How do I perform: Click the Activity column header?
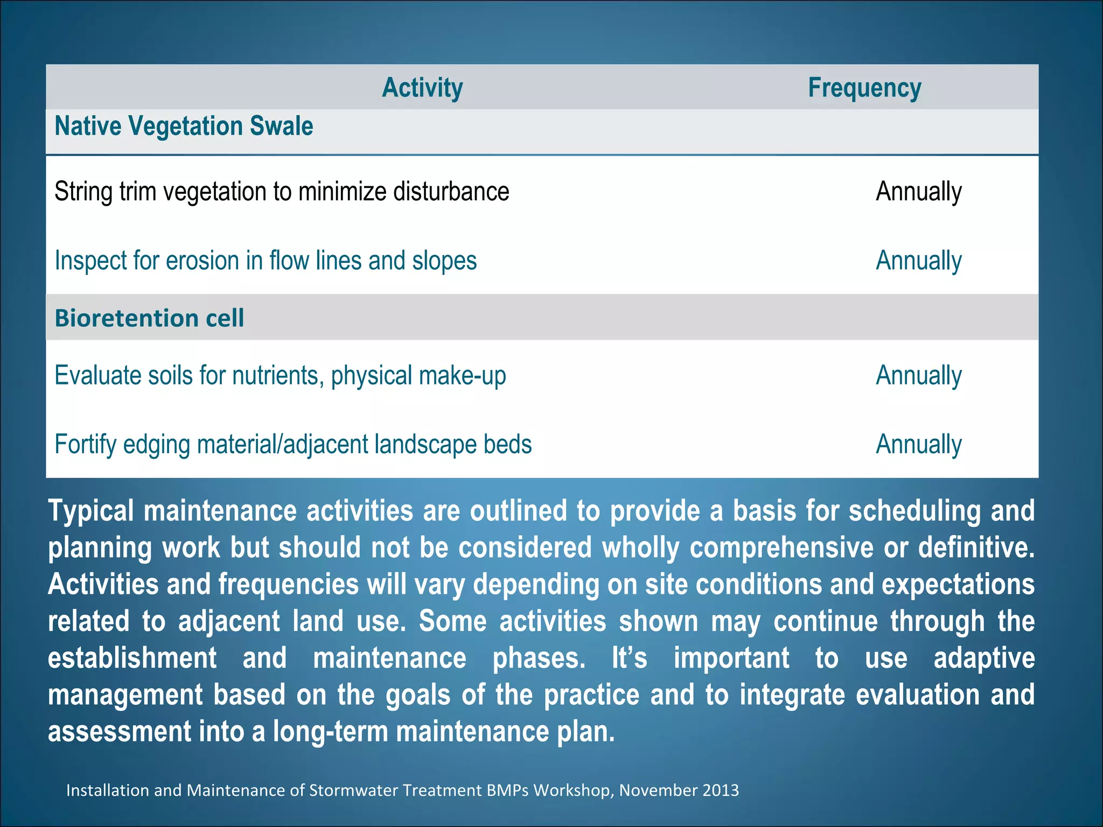[422, 88]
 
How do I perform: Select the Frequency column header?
[864, 88]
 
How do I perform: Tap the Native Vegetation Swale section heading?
[184, 127]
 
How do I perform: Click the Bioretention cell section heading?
[149, 318]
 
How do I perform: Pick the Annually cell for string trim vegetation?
[918, 192]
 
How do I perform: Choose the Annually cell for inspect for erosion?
[918, 261]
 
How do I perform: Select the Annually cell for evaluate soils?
[918, 375]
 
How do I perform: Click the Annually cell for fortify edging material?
[918, 444]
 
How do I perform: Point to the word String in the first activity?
[83, 192]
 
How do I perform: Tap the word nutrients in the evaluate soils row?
[278, 375]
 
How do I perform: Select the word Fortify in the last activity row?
[85, 445]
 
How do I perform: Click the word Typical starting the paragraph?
[90, 511]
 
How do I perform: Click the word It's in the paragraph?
[629, 658]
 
